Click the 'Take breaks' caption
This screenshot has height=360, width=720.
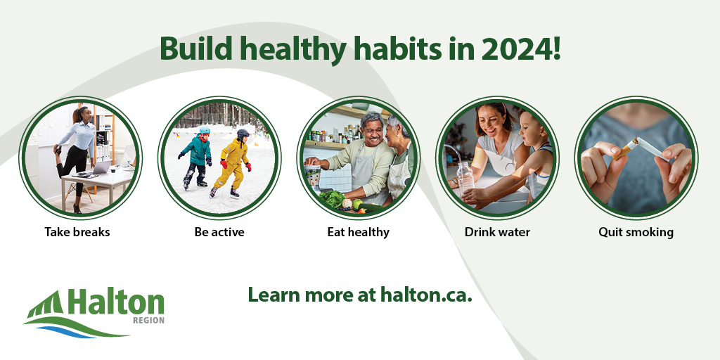pos(77,231)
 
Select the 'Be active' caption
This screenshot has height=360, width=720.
pos(219,231)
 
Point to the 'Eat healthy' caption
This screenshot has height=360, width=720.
pos(358,231)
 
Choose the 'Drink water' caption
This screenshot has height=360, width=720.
pos(497,231)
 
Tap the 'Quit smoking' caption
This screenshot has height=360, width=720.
pos(636,231)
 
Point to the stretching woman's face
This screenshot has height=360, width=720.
pos(82,115)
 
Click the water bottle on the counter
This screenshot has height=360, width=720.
pos(465,179)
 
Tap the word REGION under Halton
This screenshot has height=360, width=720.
pos(148,321)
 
